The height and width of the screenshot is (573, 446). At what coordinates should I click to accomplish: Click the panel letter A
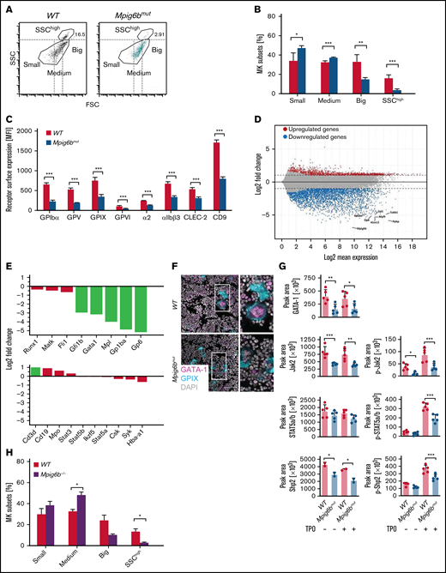click(x=5, y=6)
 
